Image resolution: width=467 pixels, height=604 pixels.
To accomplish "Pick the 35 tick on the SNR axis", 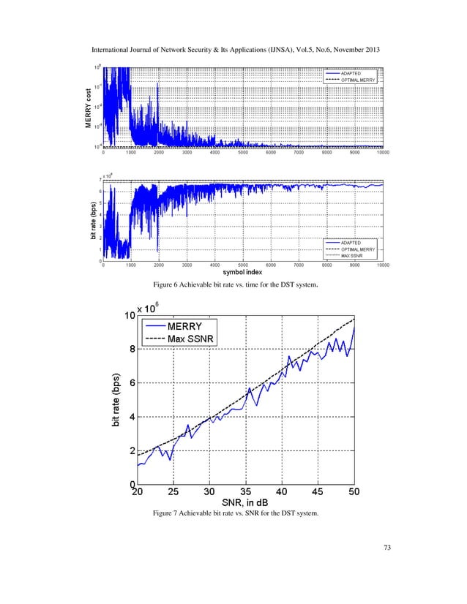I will tap(246, 491).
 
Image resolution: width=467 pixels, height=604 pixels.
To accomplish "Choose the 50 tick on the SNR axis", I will tap(354, 491).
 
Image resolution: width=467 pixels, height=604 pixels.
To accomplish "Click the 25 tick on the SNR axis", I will tap(173, 491).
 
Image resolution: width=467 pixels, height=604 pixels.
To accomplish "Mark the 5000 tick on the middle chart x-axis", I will tap(242, 265).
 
